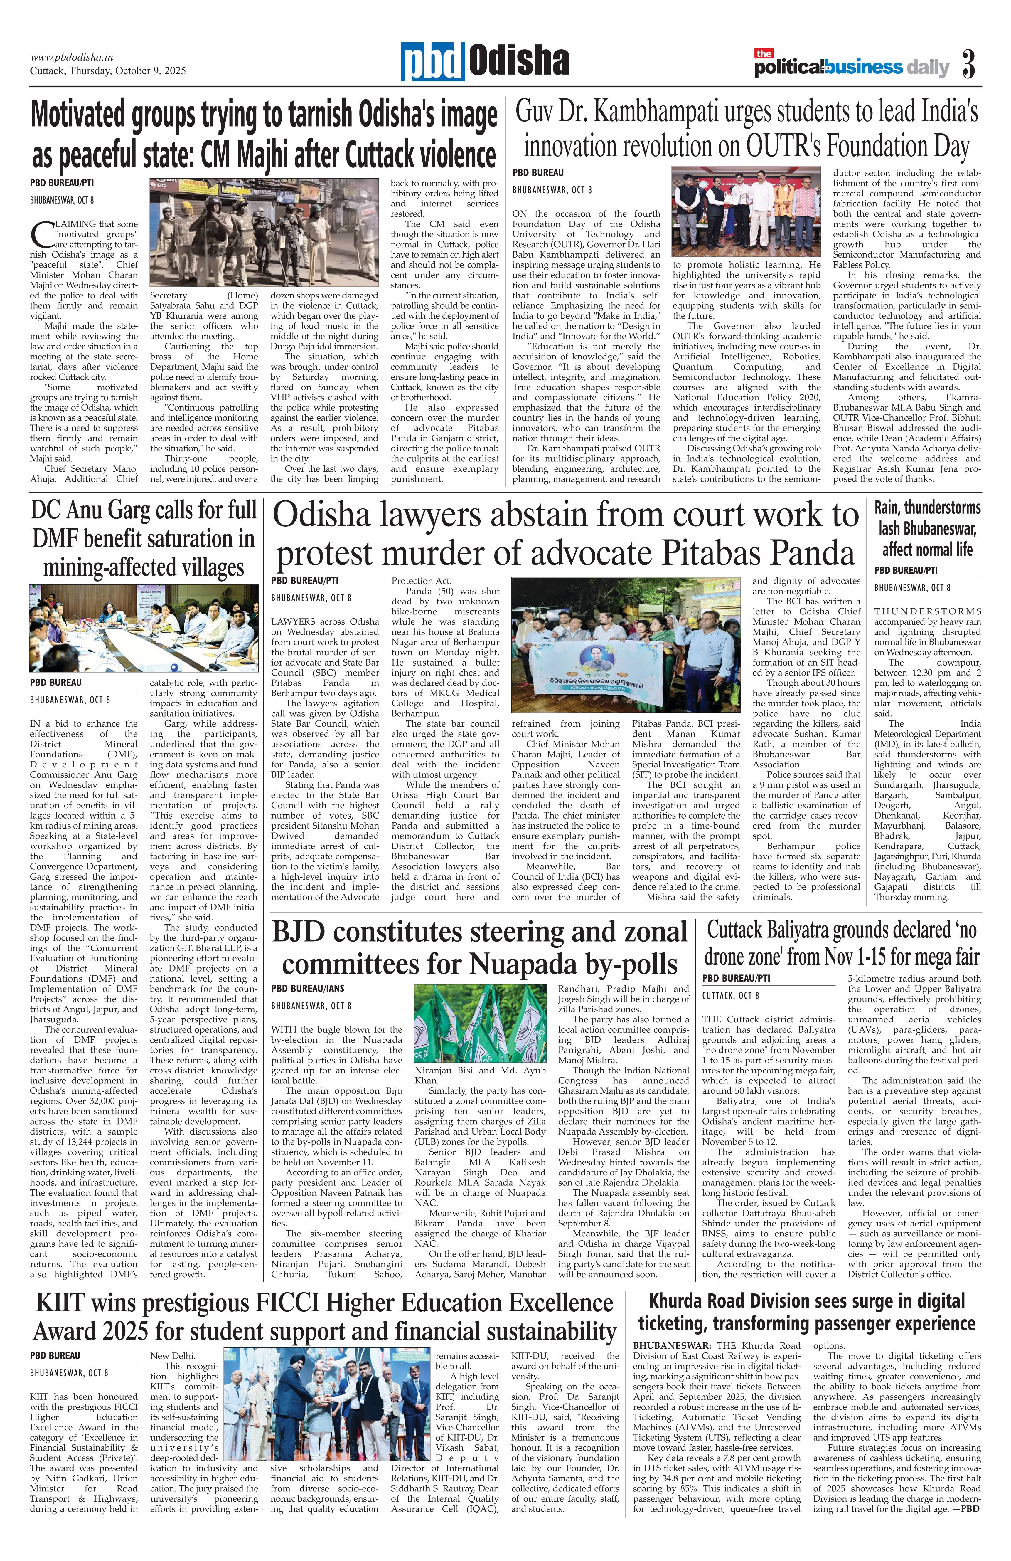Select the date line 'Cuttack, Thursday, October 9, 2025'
pos(107,71)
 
